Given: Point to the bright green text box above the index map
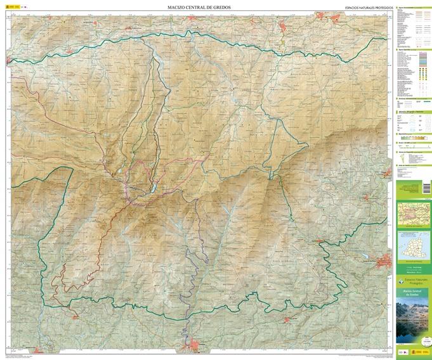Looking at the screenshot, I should [x=412, y=189].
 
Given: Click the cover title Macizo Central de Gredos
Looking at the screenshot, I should [x=412, y=293].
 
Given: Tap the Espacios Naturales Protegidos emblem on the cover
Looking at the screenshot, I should [x=412, y=281].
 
